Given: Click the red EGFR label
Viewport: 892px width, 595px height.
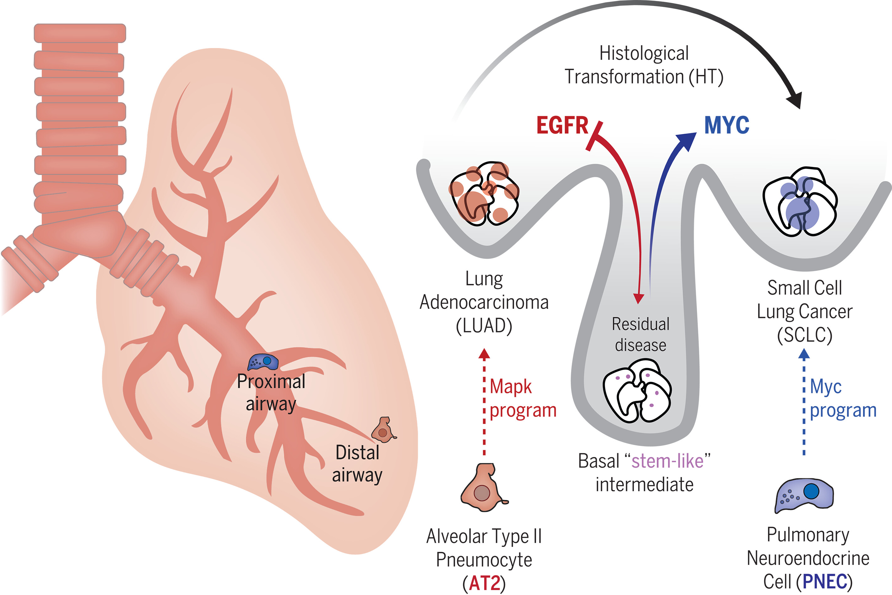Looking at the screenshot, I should pos(562,125).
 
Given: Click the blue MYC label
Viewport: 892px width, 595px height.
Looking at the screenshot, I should pos(727,125).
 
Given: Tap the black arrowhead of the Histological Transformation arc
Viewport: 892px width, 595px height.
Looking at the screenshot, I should pos(794,100).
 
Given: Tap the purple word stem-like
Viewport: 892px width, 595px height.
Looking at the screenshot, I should pos(667,461).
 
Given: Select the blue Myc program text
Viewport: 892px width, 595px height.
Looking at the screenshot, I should pos(843,399).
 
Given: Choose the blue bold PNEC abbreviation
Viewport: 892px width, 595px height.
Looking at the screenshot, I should pos(825,581).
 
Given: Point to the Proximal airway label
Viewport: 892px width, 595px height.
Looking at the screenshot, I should pos(271,392).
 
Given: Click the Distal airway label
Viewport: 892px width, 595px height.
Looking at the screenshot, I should pos(357,464).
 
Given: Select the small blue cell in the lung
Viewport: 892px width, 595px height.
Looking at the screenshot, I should pos(263,362).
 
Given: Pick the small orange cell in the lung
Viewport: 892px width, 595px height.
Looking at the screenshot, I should pos(384,430).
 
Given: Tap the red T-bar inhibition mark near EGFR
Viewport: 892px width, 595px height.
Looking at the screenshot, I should pos(594,136).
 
